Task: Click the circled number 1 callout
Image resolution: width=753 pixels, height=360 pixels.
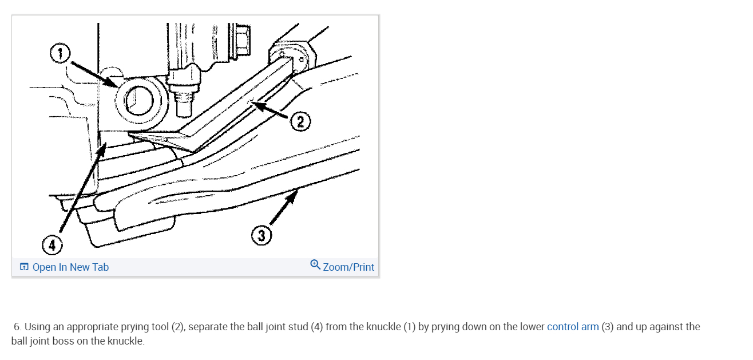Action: point(60,54)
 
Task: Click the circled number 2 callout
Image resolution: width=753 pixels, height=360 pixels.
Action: point(301,121)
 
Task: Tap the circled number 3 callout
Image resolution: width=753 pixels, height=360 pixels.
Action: point(261,235)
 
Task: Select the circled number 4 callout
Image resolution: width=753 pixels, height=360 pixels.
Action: point(51,246)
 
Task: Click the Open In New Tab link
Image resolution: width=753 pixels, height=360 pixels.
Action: point(70,267)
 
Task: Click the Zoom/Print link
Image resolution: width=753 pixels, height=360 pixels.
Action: point(348,267)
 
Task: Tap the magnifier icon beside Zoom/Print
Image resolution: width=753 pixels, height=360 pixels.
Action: point(315,264)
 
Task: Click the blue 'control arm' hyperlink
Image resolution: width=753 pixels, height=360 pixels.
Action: point(573,327)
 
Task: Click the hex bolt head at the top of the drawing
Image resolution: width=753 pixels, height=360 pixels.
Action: point(241,39)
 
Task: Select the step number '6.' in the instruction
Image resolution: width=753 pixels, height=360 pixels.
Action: point(18,327)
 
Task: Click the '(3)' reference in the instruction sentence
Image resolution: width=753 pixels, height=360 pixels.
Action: point(607,327)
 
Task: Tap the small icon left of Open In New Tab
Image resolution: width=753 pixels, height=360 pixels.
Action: point(24,267)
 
